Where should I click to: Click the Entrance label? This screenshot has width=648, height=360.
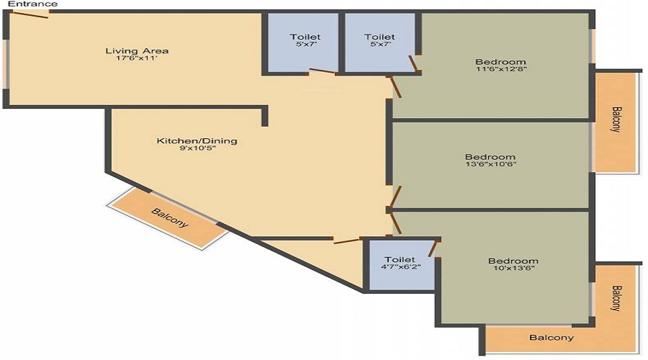[x=32, y=4]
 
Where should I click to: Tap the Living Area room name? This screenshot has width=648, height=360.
[x=137, y=51]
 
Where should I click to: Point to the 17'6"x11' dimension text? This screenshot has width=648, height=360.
[x=136, y=58]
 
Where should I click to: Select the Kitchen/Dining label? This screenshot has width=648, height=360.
[x=197, y=140]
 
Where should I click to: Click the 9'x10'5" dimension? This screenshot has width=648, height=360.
[x=197, y=148]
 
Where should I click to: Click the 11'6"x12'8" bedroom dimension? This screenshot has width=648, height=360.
[x=501, y=69]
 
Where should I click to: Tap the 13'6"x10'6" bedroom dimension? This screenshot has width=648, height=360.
[x=490, y=164]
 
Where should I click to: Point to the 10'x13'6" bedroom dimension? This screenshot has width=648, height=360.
[x=513, y=268]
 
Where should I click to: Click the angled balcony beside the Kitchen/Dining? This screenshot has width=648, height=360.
[x=167, y=218]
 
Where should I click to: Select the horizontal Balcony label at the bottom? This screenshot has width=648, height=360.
[x=552, y=338]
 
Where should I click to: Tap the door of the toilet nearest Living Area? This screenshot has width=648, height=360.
[x=322, y=71]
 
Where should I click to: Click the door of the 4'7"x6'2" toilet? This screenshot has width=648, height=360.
[x=433, y=250]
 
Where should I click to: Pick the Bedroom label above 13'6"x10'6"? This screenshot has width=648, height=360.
[x=490, y=157]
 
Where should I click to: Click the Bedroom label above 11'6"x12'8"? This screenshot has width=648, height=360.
[x=501, y=62]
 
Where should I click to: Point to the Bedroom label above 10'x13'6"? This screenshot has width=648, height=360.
[x=513, y=261]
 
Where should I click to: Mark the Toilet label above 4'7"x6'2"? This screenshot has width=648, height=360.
[x=400, y=259]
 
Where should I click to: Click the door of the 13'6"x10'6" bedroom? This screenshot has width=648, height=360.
[x=396, y=197]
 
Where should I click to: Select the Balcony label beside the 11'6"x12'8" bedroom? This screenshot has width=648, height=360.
[x=616, y=119]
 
